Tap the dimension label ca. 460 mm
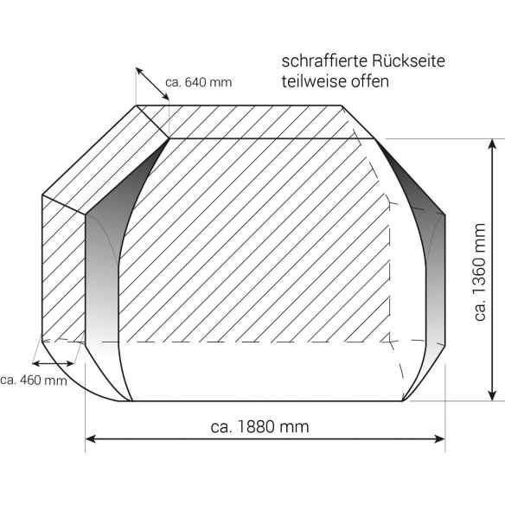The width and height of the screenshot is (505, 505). pos(33,380)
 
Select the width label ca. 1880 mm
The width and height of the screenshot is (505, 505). pos(259,427)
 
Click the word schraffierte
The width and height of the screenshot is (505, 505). pos(319,63)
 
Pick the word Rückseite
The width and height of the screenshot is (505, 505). pos(401,63)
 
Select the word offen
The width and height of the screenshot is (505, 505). pos(370,82)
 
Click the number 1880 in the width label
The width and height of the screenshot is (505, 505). pos(270,427)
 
